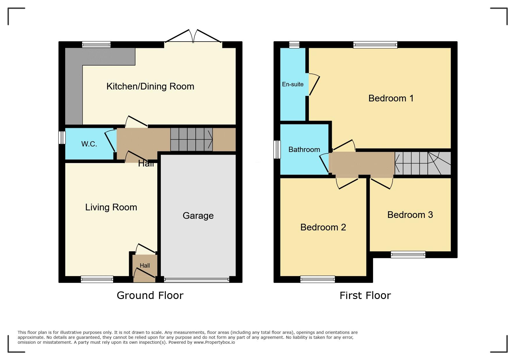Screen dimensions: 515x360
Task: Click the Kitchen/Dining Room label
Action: point(150,86)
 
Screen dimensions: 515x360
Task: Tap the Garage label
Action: point(198,216)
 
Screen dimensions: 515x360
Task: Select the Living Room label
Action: point(111,207)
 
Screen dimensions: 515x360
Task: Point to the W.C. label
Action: point(89,144)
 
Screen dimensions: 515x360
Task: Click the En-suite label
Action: point(293,84)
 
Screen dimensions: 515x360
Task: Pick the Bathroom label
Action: point(304,149)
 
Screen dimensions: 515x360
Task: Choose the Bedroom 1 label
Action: point(391,98)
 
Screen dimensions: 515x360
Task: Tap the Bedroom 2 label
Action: point(323,227)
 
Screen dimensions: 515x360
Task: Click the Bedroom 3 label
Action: point(410,215)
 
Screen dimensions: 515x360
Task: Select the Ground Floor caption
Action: point(150,295)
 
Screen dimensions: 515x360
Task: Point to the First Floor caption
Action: point(365,295)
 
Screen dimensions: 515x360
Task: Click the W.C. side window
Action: point(62,137)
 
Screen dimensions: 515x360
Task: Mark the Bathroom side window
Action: point(277,150)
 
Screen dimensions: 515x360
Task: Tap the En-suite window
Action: point(294,45)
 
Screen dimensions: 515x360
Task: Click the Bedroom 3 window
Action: point(408,255)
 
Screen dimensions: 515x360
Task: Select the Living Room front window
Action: point(97,279)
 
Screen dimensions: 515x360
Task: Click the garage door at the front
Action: point(197,280)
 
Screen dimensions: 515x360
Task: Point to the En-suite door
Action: point(314,85)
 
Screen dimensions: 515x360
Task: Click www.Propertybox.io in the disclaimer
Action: point(214,342)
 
